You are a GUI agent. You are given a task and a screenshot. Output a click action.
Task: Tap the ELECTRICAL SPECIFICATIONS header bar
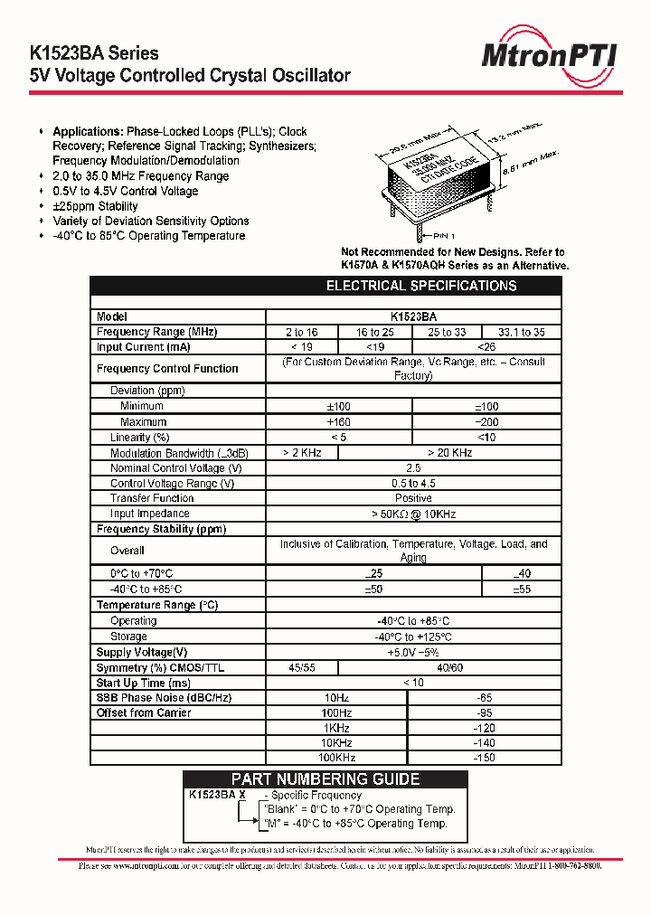tap(420, 286)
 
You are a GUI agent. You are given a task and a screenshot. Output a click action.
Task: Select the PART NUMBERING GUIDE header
tap(325, 779)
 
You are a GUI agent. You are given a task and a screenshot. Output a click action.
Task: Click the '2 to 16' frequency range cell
tap(302, 332)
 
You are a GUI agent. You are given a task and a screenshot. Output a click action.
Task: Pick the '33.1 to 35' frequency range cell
tap(522, 332)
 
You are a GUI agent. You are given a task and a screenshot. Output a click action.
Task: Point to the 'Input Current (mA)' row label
tap(143, 347)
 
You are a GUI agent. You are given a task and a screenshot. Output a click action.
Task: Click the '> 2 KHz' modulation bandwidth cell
tap(302, 453)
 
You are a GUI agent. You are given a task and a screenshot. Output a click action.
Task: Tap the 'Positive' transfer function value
tap(413, 498)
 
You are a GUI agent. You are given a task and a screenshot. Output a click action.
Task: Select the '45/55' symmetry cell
tap(302, 667)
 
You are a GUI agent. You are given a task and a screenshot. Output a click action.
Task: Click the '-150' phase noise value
tap(485, 758)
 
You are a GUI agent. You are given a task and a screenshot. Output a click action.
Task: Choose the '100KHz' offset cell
tap(336, 758)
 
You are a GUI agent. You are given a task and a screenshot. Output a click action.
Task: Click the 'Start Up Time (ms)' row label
tap(144, 683)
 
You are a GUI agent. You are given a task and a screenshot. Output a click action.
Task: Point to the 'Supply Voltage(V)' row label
tap(142, 652)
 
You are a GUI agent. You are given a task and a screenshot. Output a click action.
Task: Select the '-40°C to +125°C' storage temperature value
tap(413, 637)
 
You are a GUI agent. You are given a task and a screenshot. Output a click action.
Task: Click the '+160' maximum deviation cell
tap(338, 422)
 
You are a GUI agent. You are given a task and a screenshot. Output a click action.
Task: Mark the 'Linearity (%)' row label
tap(140, 438)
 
